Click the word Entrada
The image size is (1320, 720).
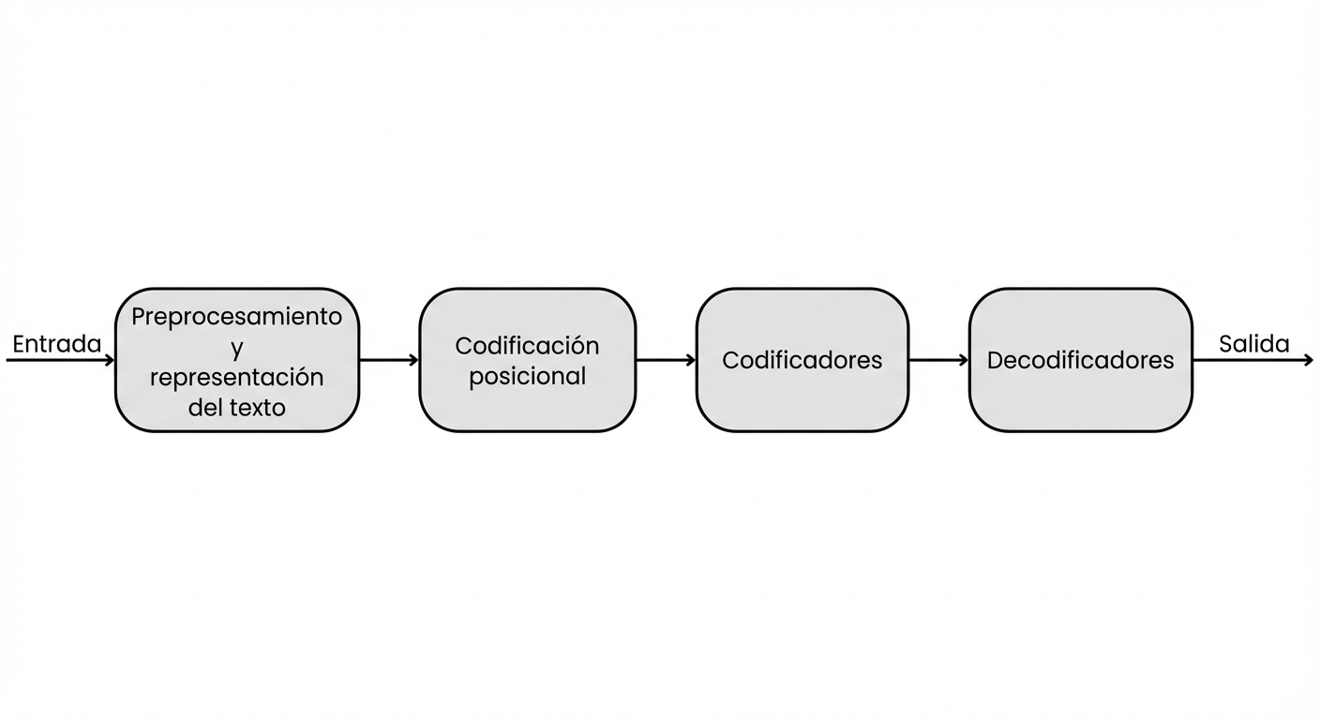56,344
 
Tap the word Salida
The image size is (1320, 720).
1253,344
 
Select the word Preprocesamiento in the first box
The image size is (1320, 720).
237,317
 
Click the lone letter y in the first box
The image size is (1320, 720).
237,349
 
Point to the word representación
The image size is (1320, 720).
237,377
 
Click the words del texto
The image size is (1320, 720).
237,408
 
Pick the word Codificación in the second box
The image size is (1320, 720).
527,345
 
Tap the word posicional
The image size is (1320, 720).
527,376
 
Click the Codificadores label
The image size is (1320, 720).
802,360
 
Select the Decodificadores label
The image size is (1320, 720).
1080,360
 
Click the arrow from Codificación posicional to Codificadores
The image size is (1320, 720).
665,360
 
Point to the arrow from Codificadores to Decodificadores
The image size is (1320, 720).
937,360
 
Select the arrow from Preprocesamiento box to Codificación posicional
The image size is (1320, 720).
388,360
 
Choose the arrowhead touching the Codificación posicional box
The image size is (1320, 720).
413,360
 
